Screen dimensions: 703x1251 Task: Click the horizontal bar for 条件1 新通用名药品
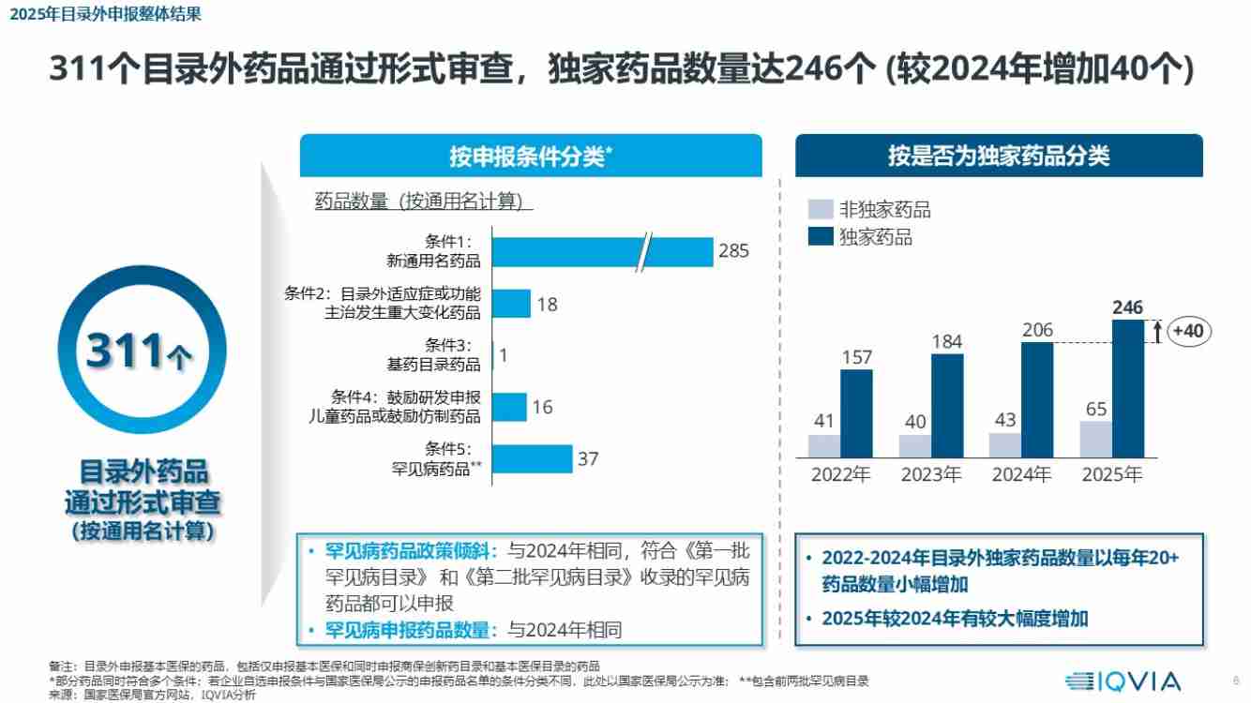(x=600, y=251)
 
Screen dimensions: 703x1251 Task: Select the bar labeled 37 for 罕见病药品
(x=532, y=459)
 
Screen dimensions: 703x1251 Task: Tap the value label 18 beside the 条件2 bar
(x=548, y=304)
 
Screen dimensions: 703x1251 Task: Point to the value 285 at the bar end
(x=733, y=251)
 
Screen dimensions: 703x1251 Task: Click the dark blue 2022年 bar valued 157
(x=856, y=413)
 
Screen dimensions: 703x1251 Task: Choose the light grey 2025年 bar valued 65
(x=1095, y=439)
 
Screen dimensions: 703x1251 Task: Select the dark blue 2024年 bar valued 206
(x=1037, y=399)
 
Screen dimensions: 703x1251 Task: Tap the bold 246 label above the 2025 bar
(x=1128, y=307)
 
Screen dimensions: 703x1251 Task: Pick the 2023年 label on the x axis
(x=931, y=474)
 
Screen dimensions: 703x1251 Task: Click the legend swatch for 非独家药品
(x=820, y=210)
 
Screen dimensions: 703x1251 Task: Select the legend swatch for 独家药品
(x=820, y=236)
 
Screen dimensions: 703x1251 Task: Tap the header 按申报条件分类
(x=531, y=156)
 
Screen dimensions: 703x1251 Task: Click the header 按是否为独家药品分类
(x=999, y=156)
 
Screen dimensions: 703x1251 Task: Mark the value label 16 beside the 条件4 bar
(x=542, y=407)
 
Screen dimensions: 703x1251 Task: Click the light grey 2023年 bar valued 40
(x=915, y=445)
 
